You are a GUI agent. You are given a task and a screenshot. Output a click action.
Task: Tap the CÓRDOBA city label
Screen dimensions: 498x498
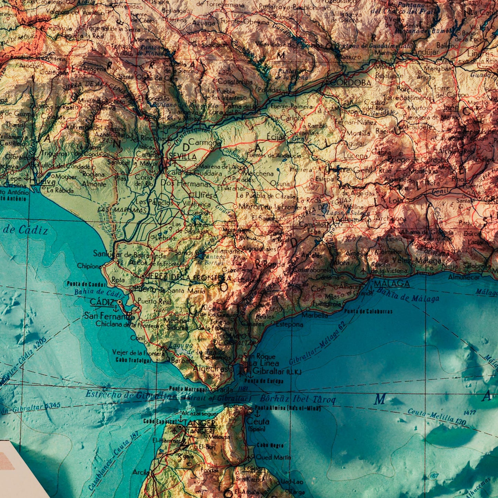click(x=352, y=83)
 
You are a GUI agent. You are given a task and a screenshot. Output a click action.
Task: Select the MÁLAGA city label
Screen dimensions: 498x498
click(x=392, y=284)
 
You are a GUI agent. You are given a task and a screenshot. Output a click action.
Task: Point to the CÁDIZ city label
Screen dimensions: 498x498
click(x=102, y=302)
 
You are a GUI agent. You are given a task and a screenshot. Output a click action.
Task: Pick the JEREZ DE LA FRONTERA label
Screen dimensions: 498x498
click(x=188, y=277)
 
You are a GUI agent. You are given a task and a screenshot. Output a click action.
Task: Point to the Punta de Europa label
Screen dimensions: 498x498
click(x=264, y=381)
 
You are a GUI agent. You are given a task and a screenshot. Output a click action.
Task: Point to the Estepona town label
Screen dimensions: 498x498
click(x=289, y=324)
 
